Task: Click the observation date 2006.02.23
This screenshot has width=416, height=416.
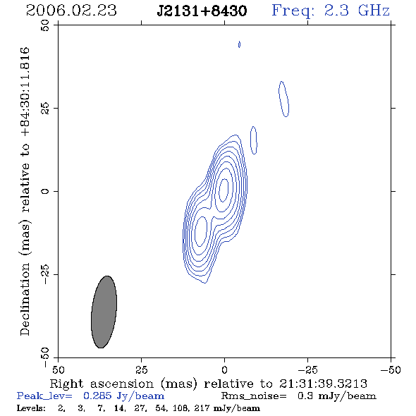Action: click(71, 11)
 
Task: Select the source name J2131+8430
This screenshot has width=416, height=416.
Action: click(202, 11)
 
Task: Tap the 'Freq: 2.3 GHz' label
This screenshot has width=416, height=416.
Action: click(331, 11)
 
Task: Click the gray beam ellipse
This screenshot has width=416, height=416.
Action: click(104, 312)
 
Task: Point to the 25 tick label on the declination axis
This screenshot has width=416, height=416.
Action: click(45, 108)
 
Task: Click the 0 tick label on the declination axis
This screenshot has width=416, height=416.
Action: click(45, 191)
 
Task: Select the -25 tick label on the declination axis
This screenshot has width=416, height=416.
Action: click(45, 274)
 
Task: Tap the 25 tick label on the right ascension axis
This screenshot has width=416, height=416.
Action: click(141, 369)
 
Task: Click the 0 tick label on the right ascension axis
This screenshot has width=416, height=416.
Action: click(224, 369)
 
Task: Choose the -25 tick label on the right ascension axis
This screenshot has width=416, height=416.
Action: click(307, 369)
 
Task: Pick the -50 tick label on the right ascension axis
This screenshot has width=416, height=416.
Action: click(391, 369)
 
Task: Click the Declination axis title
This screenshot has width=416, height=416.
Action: click(25, 191)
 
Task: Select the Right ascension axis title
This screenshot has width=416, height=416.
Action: click(209, 384)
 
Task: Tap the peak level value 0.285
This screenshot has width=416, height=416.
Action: click(97, 396)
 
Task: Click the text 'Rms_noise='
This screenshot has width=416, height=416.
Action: click(254, 396)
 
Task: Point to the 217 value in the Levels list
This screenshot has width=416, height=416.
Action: click(202, 408)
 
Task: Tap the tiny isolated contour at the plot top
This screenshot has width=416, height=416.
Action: click(239, 44)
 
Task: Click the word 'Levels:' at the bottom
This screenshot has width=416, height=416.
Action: click(31, 408)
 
